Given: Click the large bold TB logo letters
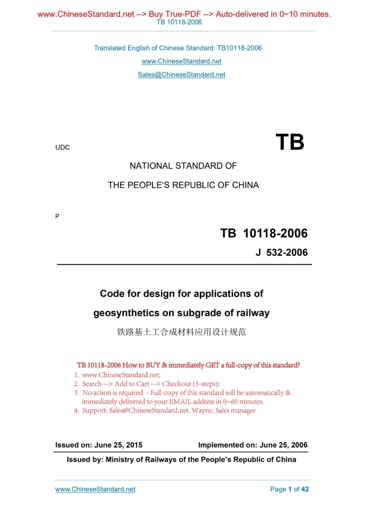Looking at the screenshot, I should click(290, 142).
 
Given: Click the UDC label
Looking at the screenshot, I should click(62, 147).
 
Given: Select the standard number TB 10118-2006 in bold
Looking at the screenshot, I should click(264, 233).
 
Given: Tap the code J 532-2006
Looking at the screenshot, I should click(281, 253).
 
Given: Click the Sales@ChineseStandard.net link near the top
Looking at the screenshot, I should click(181, 75).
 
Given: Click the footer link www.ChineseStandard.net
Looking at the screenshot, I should click(95, 489).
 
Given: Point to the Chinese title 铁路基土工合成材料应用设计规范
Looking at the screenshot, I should click(182, 333).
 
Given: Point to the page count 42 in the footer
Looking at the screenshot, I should click(305, 489).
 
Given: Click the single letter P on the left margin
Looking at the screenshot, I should click(57, 216).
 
